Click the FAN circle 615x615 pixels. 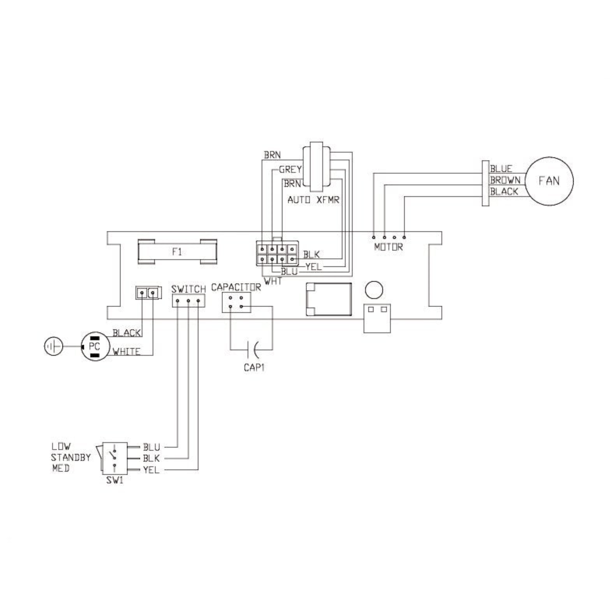click(x=549, y=181)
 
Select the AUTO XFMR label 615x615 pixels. click(x=313, y=200)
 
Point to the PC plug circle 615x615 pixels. click(x=95, y=346)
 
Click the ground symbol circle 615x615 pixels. click(x=53, y=346)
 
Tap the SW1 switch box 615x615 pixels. click(x=115, y=458)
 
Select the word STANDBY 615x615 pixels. click(x=71, y=457)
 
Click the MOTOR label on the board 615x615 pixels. click(x=388, y=247)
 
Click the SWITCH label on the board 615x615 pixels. click(x=188, y=289)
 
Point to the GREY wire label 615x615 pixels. click(x=290, y=170)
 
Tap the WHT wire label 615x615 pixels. click(x=273, y=281)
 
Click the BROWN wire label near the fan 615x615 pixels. click(x=505, y=180)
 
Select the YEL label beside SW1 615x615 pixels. click(x=151, y=470)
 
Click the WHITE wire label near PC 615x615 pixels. click(x=127, y=352)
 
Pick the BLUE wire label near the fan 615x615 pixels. click(x=501, y=169)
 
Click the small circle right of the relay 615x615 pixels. click(x=374, y=290)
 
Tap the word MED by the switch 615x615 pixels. click(x=60, y=469)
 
